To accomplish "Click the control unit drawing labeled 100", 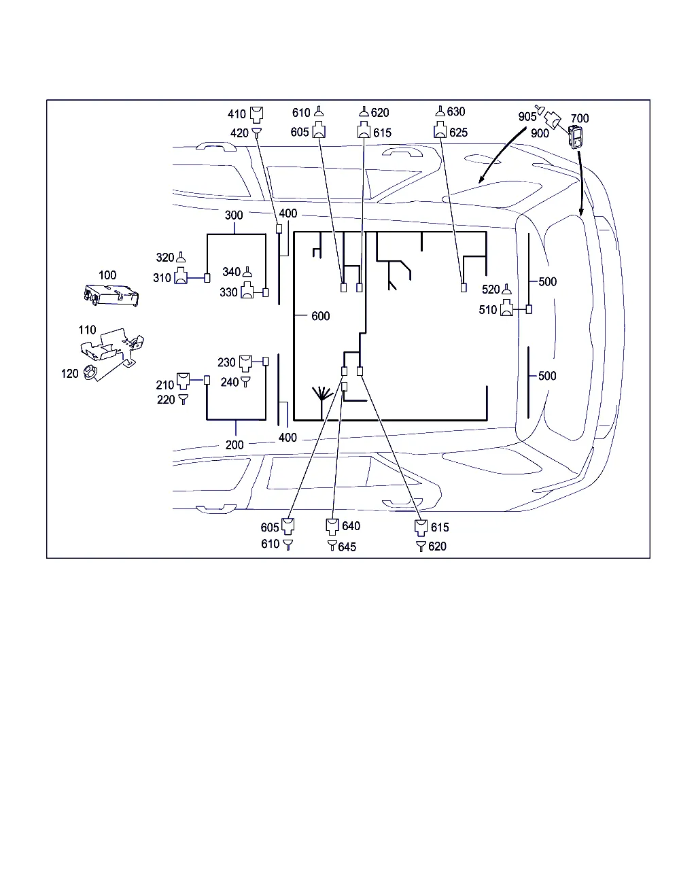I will click(x=110, y=294).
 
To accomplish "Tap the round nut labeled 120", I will click(x=90, y=372).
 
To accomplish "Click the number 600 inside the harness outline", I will click(x=320, y=316).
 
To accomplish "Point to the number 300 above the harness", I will click(x=234, y=215).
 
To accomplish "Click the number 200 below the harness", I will click(x=234, y=445).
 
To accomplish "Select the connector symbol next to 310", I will click(x=181, y=277).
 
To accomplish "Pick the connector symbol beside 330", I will click(x=247, y=292).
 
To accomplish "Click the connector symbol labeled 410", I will click(x=256, y=114).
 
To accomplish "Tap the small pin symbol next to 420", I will click(x=256, y=133).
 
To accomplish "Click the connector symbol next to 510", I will click(x=507, y=309).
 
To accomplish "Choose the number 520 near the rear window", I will click(x=491, y=290).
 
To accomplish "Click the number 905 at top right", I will click(x=527, y=117).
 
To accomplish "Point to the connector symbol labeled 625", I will click(x=440, y=132).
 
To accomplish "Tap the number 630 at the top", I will click(x=456, y=112).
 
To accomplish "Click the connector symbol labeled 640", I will click(x=332, y=526).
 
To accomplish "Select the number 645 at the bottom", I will click(x=347, y=546).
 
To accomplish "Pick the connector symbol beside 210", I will click(x=183, y=379).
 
